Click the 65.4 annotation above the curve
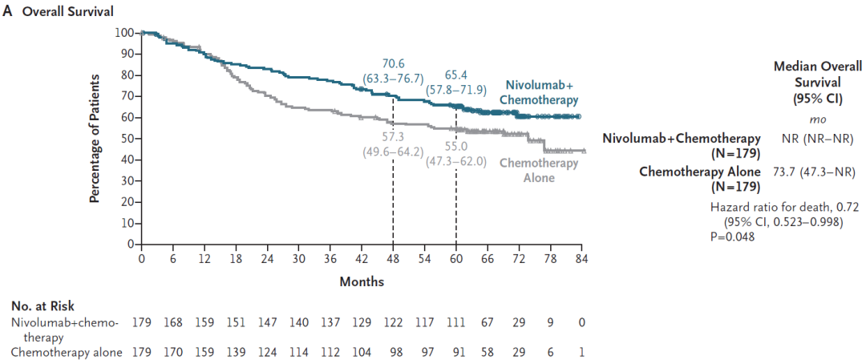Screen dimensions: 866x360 (455, 75)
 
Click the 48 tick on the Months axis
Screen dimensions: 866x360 (393, 257)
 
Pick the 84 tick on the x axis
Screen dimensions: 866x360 (581, 257)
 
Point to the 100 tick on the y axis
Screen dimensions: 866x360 (125, 33)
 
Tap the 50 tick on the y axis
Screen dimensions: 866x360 (127, 139)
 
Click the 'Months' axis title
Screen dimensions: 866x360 (362, 282)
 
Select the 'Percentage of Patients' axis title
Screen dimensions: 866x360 (95, 138)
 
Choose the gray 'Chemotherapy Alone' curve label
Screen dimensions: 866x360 (539, 171)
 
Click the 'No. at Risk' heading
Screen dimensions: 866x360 (42, 305)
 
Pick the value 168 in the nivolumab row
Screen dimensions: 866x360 (173, 322)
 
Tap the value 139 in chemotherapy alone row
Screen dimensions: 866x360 (236, 352)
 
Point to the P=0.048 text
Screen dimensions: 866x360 (733, 237)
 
